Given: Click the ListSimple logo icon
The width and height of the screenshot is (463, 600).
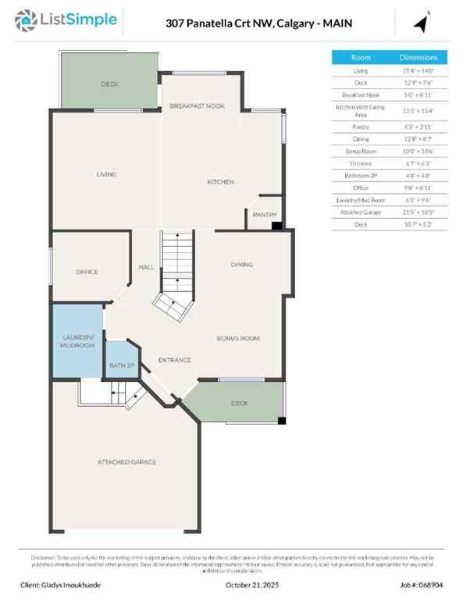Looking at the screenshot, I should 27,20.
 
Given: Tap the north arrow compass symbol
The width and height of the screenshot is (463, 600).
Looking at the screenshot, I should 422,23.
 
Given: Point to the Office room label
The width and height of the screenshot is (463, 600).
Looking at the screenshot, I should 87,272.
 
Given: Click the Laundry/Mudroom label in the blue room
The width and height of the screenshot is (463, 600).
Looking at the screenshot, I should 78,341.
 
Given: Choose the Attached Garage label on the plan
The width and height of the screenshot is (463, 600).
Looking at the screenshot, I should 126,462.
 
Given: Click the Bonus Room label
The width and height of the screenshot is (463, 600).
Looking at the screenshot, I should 237,338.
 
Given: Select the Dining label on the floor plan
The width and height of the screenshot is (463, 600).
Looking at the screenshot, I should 241,264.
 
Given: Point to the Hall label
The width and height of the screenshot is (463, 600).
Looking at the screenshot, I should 146,267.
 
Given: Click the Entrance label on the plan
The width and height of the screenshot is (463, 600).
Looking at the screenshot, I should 175,359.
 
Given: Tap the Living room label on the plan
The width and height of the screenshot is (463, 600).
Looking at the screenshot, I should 106,174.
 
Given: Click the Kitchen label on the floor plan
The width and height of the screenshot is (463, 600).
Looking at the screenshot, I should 220,182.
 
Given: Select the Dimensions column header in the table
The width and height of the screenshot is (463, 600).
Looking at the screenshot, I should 424,58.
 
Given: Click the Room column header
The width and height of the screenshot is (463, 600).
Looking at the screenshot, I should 361,58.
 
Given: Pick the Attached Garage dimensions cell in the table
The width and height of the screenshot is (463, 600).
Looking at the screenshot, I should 424,212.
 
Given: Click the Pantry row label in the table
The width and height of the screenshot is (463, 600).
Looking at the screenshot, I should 361,127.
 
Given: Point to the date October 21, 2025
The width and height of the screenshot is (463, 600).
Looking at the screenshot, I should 251,584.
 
